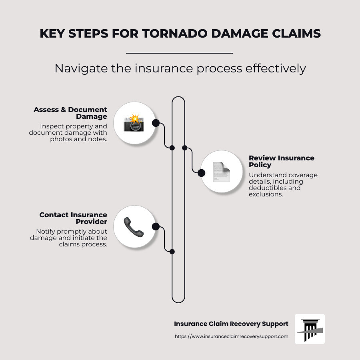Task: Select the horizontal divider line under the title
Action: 179,53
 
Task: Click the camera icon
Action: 134,123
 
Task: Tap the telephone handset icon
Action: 133,227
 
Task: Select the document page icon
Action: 221,172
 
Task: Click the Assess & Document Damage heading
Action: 70,113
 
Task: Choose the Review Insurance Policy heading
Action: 281,161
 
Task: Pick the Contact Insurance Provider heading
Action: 73,218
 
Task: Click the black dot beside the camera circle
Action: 156,123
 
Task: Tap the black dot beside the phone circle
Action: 156,227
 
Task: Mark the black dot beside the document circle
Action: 202,173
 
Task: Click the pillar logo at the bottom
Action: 310,329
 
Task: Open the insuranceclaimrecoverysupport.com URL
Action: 231,336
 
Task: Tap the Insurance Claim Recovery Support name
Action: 231,324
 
